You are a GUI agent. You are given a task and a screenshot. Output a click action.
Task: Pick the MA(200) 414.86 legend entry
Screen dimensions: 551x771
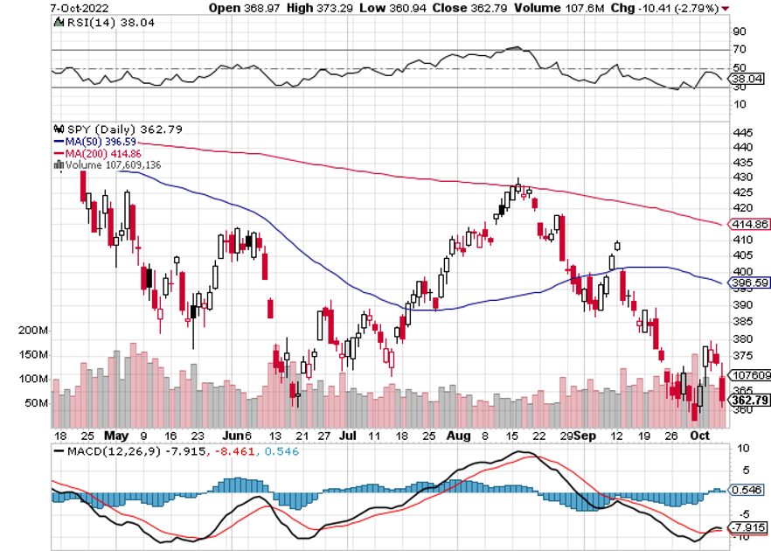pos(98,152)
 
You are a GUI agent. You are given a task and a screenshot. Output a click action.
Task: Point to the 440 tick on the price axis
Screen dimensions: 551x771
pos(742,147)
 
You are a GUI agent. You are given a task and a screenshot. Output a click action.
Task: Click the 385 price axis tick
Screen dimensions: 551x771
pos(742,321)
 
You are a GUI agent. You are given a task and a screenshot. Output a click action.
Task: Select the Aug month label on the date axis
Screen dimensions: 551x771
pos(453,435)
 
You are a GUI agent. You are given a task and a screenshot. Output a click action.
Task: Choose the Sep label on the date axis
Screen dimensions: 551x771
pos(587,435)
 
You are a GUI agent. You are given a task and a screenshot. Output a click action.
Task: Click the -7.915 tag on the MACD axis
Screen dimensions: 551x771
pos(748,528)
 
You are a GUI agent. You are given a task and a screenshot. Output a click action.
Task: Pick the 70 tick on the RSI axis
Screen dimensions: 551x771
pos(740,50)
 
